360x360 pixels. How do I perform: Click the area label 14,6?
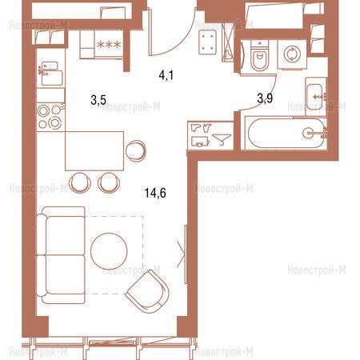click(155, 193)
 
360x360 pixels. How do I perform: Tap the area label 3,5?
click(98, 100)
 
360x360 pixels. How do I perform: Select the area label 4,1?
click(166, 75)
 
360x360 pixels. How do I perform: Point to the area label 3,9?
click(265, 98)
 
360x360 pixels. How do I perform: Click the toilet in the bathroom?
click(259, 56)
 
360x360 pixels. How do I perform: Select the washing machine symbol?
click(292, 54)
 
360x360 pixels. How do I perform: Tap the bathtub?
click(286, 133)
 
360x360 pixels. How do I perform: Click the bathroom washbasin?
click(316, 97)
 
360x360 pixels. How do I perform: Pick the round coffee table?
click(109, 251)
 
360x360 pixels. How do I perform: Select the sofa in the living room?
click(61, 255)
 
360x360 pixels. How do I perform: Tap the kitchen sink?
click(50, 74)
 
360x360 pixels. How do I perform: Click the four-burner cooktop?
click(50, 117)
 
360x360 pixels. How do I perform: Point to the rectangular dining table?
click(94, 151)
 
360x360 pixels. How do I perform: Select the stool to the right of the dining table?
click(136, 150)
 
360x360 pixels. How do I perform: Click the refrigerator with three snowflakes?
click(102, 44)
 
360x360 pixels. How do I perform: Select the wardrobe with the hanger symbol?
click(210, 135)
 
